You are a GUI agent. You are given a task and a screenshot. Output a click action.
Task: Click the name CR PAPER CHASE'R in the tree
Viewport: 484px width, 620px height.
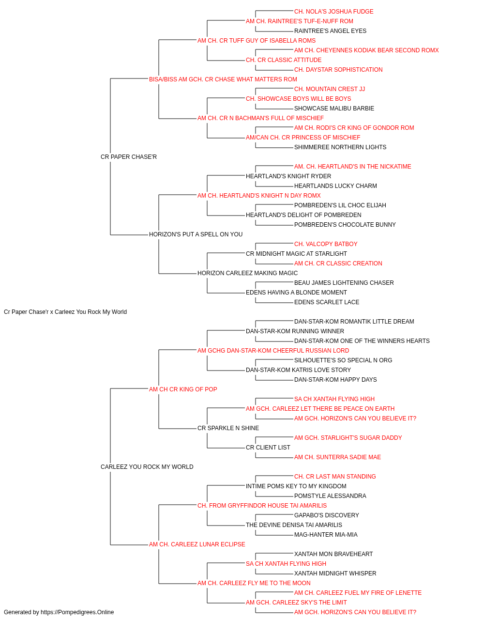pyautogui.click(x=129, y=157)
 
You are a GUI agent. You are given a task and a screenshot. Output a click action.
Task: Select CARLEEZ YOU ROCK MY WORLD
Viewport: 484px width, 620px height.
pyautogui.click(x=147, y=467)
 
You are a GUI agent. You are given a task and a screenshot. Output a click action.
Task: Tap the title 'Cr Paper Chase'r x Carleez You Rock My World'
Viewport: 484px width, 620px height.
pyautogui.click(x=65, y=312)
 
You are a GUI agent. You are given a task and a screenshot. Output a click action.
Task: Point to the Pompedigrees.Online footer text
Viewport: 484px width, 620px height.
pyautogui.click(x=59, y=612)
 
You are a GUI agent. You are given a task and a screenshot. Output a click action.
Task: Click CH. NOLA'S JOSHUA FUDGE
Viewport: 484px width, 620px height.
pyautogui.click(x=333, y=12)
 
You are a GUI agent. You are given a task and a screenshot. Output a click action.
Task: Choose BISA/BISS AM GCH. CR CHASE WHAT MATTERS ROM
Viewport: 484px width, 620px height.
pyautogui.click(x=223, y=79)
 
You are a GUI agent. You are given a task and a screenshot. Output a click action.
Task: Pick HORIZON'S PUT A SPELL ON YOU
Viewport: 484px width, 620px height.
pyautogui.click(x=196, y=234)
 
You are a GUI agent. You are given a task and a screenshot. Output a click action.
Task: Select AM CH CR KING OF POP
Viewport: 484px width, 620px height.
pyautogui.click(x=183, y=389)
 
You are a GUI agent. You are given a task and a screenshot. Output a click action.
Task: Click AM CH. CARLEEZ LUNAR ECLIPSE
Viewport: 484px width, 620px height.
pyautogui.click(x=197, y=544)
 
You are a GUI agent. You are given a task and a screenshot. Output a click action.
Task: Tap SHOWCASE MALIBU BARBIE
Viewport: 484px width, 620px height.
pyautogui.click(x=334, y=108)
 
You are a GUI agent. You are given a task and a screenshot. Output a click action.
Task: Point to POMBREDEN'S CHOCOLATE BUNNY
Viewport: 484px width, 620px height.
pyautogui.click(x=345, y=225)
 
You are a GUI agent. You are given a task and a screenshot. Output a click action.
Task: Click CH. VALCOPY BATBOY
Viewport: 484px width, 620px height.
pyautogui.click(x=326, y=244)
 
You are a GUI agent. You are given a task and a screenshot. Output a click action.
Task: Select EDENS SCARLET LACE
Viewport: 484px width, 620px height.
pyautogui.click(x=327, y=302)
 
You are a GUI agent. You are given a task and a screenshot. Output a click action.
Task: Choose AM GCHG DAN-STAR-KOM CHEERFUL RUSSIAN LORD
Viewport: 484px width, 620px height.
pyautogui.click(x=273, y=351)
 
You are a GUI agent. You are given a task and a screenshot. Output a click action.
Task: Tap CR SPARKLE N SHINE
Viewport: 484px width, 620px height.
pyautogui.click(x=228, y=428)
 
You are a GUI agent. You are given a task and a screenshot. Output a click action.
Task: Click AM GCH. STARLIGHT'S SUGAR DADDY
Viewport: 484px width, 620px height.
pyautogui.click(x=348, y=438)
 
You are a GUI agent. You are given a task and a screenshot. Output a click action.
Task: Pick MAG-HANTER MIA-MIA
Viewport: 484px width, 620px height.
pyautogui.click(x=326, y=535)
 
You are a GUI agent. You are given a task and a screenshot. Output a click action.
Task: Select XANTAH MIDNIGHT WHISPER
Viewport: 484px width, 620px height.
pyautogui.click(x=335, y=573)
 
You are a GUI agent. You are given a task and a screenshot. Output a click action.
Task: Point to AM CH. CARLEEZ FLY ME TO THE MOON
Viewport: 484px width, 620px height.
pyautogui.click(x=254, y=583)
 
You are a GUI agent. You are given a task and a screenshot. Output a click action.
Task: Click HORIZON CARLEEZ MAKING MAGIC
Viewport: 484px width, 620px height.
pyautogui.click(x=247, y=273)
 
